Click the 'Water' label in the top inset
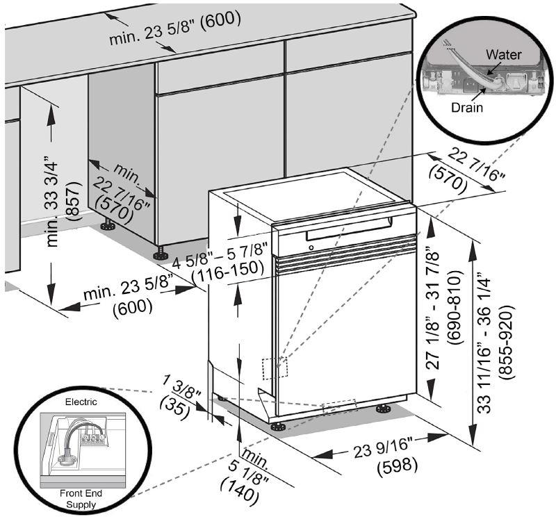(x=504, y=54)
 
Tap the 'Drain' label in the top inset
(x=467, y=108)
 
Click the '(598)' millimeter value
(x=396, y=466)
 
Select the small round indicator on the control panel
(x=310, y=248)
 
